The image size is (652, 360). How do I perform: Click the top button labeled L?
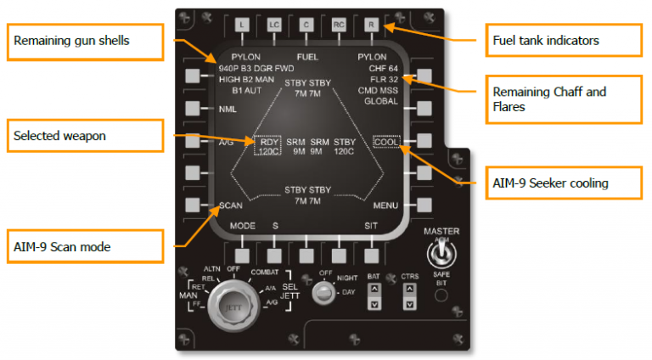pyautogui.click(x=241, y=25)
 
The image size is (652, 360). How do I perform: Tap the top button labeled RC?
pyautogui.click(x=338, y=25)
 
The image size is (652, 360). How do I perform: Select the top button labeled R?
pyautogui.click(x=370, y=25)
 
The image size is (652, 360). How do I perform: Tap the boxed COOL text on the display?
pyautogui.click(x=386, y=142)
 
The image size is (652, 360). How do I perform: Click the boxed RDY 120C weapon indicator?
pyautogui.click(x=269, y=146)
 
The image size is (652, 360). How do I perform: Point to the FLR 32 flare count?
pyautogui.click(x=383, y=78)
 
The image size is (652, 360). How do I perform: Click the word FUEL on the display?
pyautogui.click(x=306, y=56)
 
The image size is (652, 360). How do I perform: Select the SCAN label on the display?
pyautogui.click(x=232, y=205)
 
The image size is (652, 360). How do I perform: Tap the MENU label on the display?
pyautogui.click(x=385, y=205)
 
